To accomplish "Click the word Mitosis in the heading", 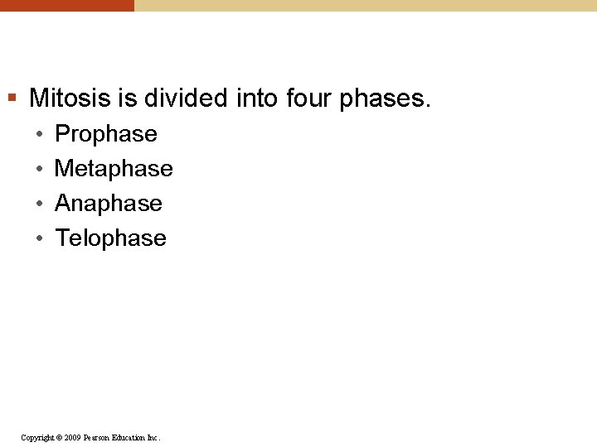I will (70, 99).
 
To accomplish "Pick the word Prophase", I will (105, 134).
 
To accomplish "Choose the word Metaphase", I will (114, 169).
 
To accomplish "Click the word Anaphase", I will (108, 204).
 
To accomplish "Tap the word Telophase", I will (110, 238).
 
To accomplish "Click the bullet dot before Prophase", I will (38, 134).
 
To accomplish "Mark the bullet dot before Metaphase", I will (38, 169).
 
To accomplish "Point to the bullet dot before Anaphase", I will (38, 204).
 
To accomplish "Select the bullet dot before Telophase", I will (38, 238).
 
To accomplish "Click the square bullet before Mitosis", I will (12, 99).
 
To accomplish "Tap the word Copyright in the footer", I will (36, 437).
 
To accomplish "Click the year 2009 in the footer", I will (73, 437).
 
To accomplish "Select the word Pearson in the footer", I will (99, 437).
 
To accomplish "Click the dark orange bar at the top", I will (66, 5).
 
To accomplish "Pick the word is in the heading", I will (128, 99).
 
